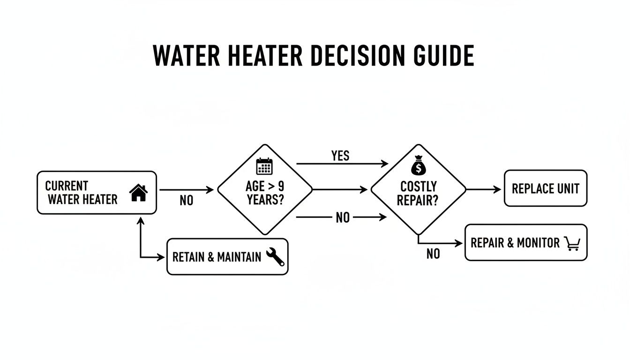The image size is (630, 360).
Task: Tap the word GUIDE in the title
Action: click(x=443, y=56)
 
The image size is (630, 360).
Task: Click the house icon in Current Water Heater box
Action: click(x=138, y=193)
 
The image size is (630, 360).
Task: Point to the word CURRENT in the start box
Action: click(x=67, y=186)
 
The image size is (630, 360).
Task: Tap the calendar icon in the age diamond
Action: click(x=264, y=166)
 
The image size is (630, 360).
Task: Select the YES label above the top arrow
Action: click(x=340, y=156)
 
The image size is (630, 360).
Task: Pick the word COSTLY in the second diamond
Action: click(x=418, y=187)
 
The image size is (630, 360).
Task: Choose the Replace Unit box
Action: click(x=545, y=188)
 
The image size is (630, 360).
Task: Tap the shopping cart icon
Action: click(x=572, y=243)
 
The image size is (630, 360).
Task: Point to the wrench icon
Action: click(x=275, y=257)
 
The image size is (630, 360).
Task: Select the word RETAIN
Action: click(x=188, y=257)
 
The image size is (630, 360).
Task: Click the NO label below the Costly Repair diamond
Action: click(x=433, y=254)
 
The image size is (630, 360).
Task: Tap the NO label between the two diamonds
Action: click(x=343, y=217)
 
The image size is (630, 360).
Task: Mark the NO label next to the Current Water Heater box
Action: click(x=186, y=201)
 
